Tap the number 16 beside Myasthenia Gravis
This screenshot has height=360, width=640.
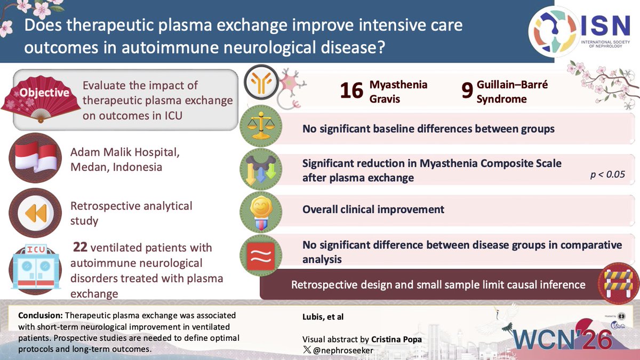[x=352, y=91]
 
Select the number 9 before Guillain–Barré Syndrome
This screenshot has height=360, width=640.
[x=467, y=91]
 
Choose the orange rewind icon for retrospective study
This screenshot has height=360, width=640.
[x=36, y=212]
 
